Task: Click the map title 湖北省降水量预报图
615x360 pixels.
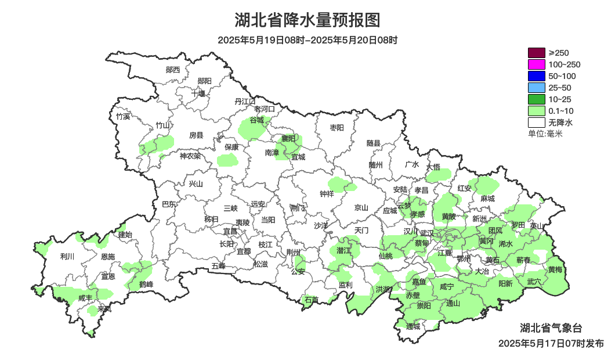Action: [307, 20]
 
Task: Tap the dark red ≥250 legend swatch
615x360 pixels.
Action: [537, 53]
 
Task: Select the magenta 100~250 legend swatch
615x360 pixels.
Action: [537, 64]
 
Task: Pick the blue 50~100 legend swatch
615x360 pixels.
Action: [537, 76]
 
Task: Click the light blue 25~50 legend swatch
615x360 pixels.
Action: [537, 88]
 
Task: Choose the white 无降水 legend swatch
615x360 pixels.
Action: [537, 123]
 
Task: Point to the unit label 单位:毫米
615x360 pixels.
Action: [545, 134]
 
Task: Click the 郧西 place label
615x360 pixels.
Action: [173, 70]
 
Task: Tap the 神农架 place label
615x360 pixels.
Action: [190, 156]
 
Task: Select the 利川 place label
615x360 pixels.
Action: [68, 256]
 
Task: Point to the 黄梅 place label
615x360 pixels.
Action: [555, 269]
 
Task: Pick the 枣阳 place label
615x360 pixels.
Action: [337, 127]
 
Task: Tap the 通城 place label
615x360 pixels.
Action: [413, 326]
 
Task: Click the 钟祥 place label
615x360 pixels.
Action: [327, 194]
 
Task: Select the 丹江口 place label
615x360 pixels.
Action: [245, 101]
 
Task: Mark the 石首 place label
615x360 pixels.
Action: [312, 300]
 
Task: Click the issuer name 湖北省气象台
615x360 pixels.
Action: [550, 328]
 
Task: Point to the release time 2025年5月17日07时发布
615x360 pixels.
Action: [551, 343]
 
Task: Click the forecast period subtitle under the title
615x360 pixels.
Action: [307, 40]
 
